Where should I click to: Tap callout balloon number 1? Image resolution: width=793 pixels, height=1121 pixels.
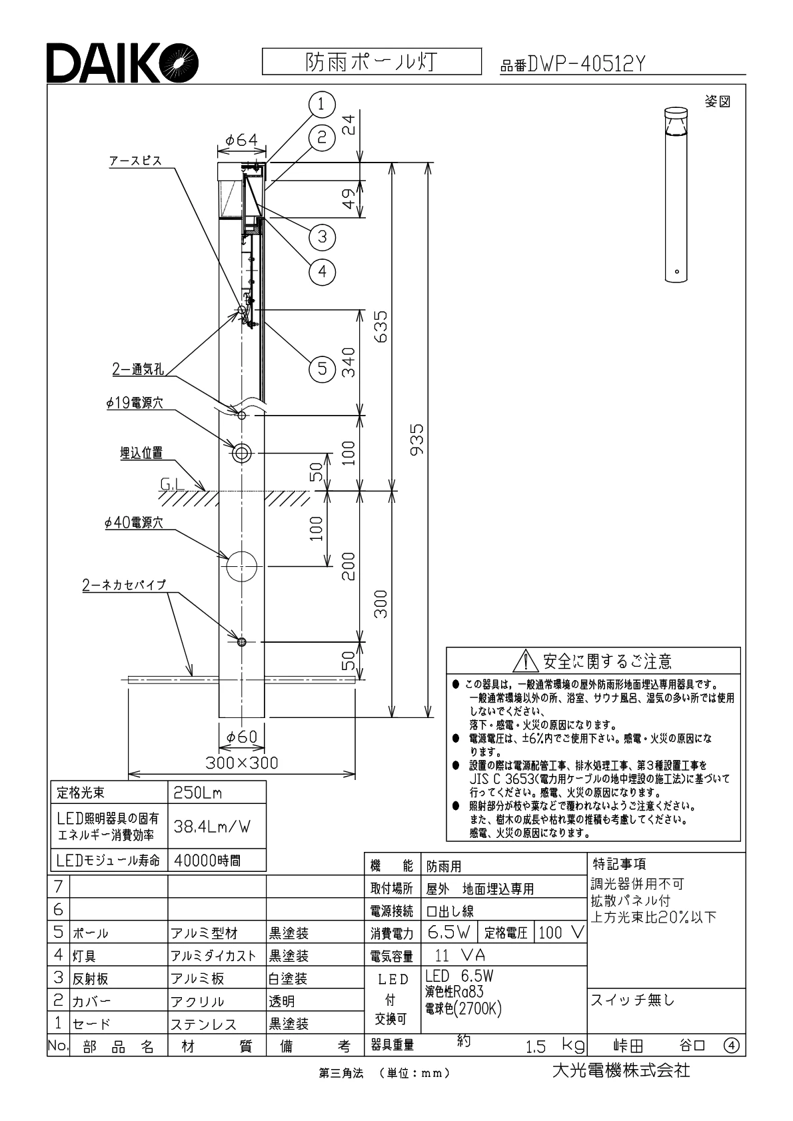point(321,103)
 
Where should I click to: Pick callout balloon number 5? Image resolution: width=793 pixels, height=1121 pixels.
point(322,368)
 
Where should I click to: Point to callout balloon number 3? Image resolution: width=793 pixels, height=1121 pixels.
point(322,236)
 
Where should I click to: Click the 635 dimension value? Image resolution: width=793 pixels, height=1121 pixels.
point(381,326)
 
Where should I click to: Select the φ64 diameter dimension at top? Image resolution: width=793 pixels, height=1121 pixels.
point(241,141)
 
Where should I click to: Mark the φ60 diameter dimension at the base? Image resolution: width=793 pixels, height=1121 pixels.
point(241,737)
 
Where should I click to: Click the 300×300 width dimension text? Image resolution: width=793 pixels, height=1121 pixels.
point(241,763)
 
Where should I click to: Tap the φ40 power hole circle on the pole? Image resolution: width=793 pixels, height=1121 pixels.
point(241,567)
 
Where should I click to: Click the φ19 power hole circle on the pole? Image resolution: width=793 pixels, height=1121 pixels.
point(241,453)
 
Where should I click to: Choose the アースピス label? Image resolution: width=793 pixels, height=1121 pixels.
point(136,161)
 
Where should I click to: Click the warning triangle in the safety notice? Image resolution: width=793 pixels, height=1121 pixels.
point(526,661)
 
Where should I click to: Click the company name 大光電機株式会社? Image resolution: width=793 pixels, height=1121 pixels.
point(620,1070)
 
